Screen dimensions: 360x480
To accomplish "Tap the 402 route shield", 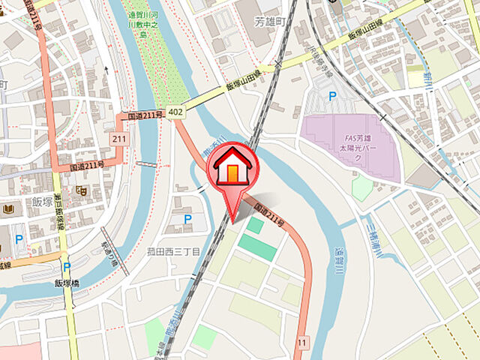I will click(175, 112).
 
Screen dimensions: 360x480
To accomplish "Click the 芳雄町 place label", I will click(270, 22).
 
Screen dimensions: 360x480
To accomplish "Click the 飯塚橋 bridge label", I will click(67, 283).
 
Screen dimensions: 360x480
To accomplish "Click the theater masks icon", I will click(80, 192).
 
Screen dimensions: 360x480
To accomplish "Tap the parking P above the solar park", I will click(332, 95).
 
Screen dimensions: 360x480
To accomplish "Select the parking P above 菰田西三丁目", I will click(187, 219).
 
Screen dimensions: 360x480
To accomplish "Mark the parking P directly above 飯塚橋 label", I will click(67, 265).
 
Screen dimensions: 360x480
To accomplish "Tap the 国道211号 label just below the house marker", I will click(269, 213).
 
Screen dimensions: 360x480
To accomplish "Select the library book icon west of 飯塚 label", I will click(8, 208).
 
